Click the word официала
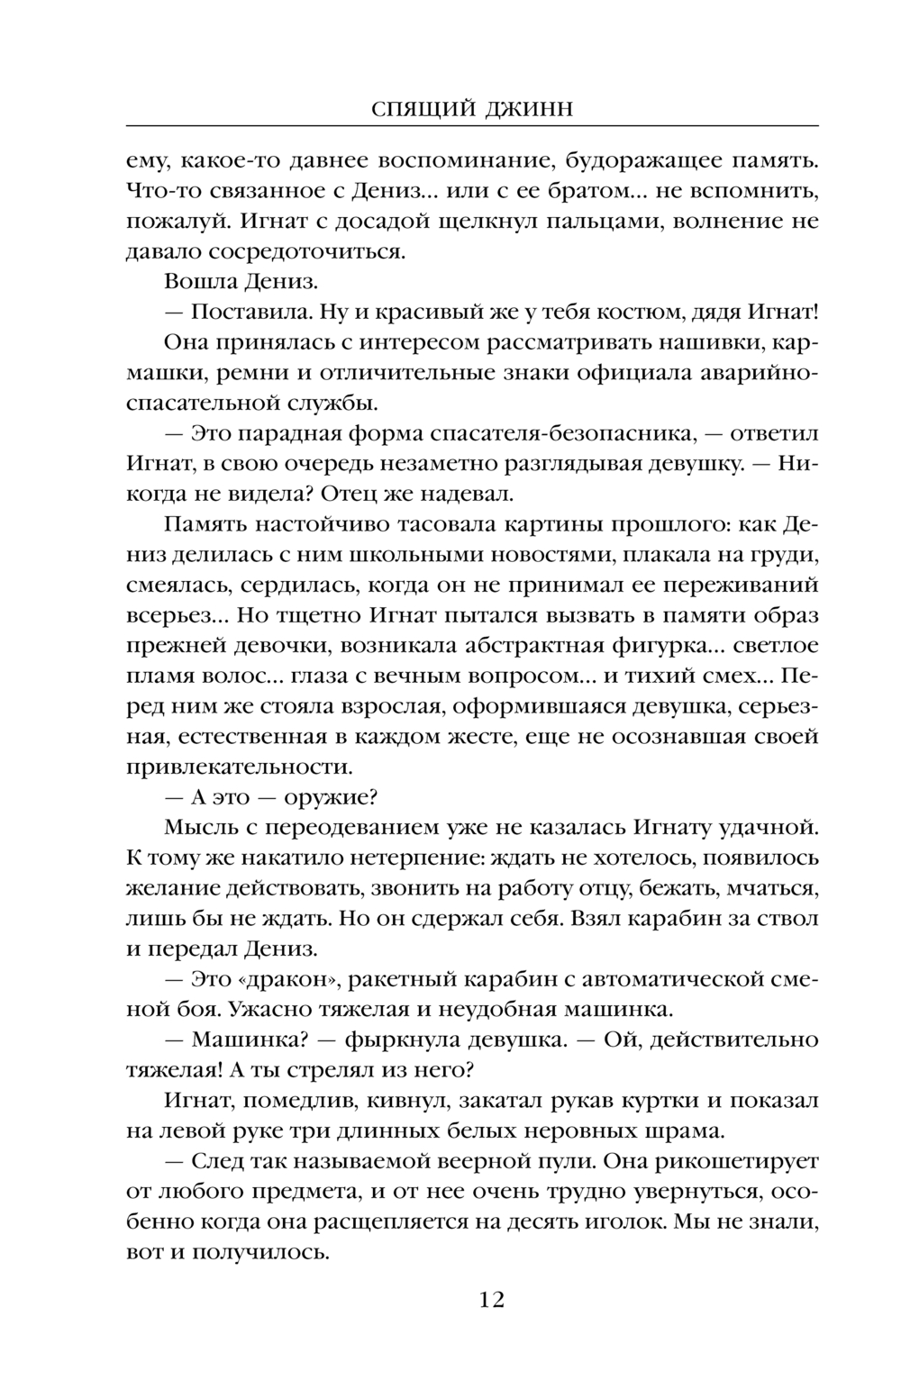pos(595,373)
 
